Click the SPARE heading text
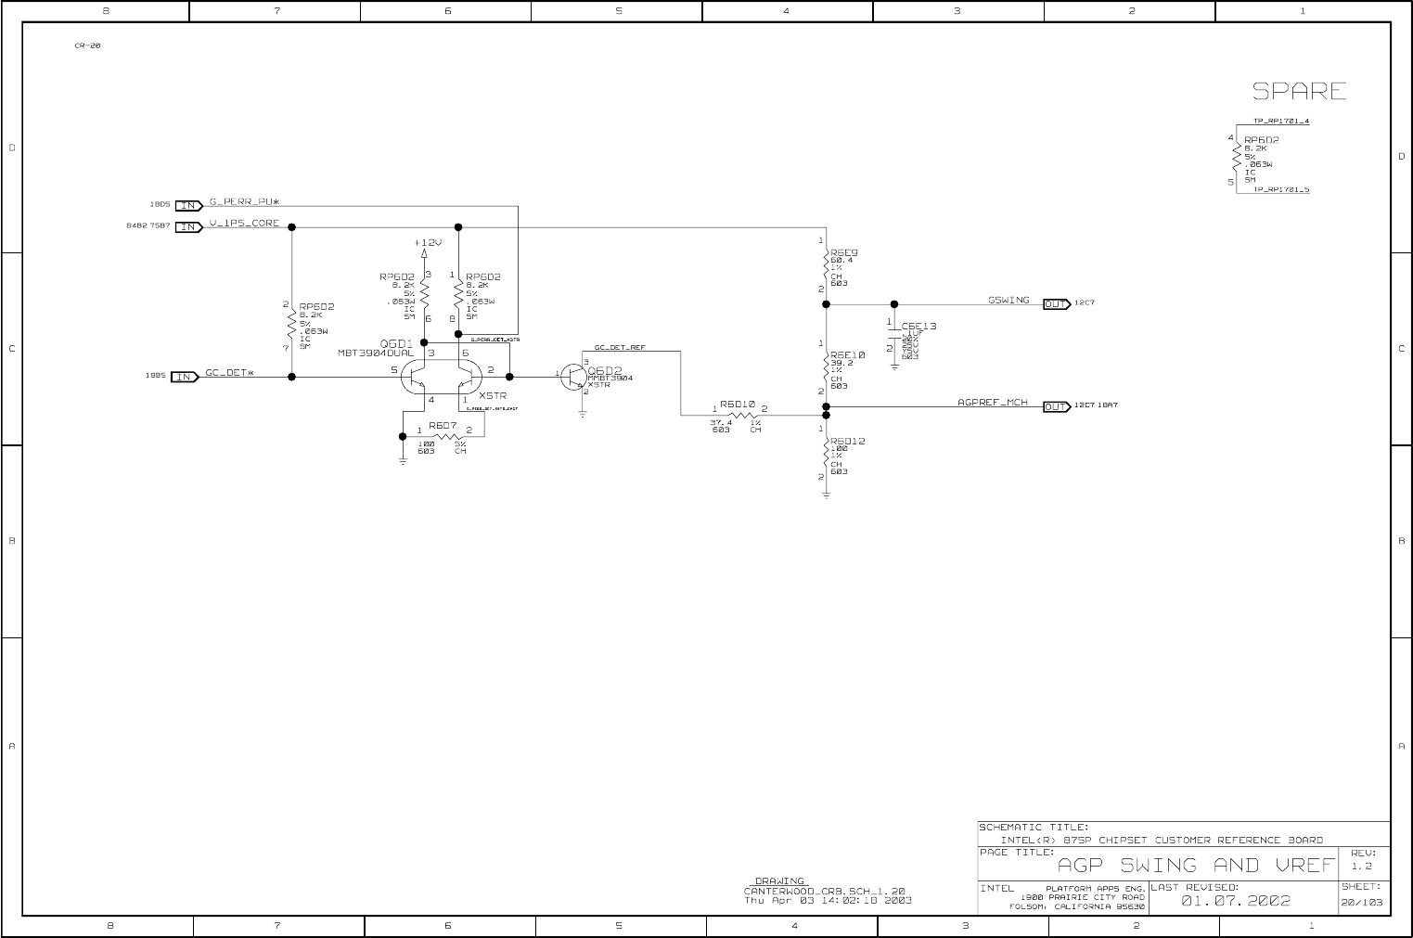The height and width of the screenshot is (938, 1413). (1299, 91)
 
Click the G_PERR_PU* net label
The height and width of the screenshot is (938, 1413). (244, 201)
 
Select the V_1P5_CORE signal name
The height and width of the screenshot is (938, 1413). (243, 224)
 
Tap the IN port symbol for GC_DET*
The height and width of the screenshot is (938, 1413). (186, 377)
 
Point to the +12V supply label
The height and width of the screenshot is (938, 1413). (428, 242)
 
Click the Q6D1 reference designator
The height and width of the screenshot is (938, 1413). (396, 343)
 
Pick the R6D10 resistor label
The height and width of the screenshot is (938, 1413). (738, 405)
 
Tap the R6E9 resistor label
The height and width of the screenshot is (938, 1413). (844, 252)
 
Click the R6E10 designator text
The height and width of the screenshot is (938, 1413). (848, 354)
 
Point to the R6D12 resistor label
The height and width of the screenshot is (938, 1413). (848, 441)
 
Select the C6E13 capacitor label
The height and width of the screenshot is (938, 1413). (918, 327)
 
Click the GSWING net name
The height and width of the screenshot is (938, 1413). (1008, 301)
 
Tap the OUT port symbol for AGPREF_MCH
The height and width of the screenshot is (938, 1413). (1057, 406)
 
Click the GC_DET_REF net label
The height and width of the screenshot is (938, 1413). (620, 348)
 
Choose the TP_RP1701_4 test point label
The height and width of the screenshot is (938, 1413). (1281, 122)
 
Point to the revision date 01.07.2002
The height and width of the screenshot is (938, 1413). (1235, 901)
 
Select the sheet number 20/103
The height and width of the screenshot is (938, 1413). (1362, 902)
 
